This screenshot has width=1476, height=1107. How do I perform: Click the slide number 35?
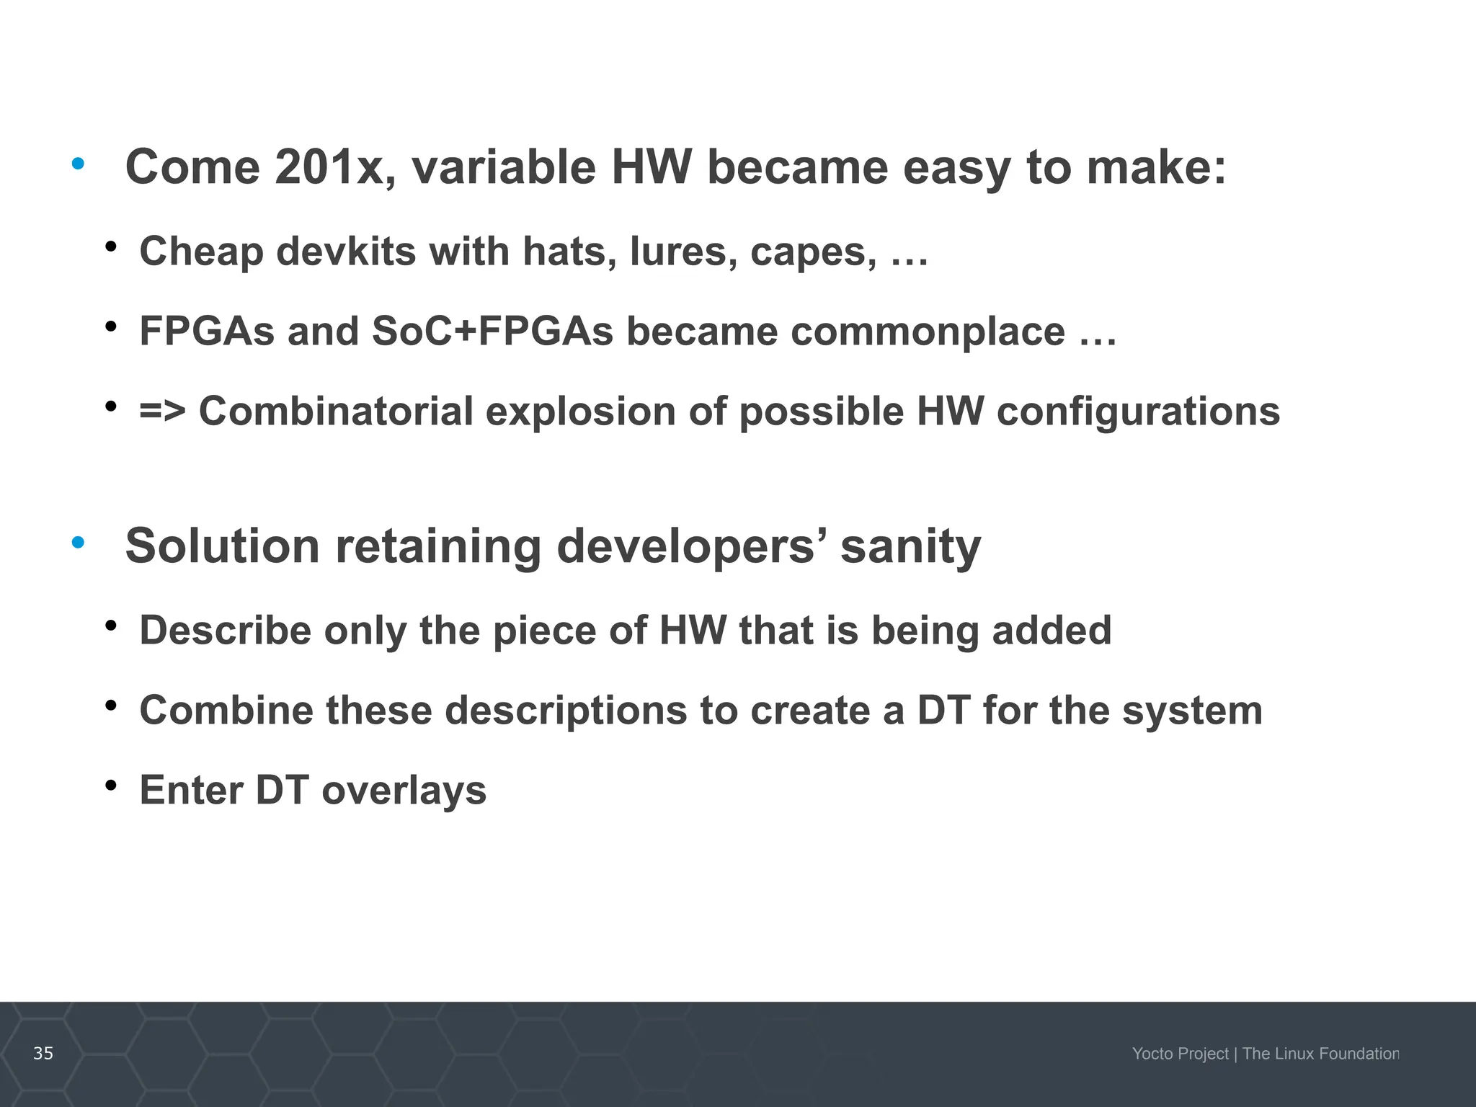43,1054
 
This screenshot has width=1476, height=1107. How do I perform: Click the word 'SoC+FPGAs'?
492,332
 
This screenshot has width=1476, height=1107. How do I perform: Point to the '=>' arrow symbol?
162,412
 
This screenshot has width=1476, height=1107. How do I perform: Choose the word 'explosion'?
580,412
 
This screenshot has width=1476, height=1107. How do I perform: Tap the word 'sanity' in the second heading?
910,546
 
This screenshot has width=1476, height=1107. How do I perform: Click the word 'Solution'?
222,546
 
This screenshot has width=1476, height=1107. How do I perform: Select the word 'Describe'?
225,631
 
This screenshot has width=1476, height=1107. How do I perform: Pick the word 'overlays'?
404,791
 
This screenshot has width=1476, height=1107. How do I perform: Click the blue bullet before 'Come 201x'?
78,164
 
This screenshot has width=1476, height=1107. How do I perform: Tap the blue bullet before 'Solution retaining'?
78,542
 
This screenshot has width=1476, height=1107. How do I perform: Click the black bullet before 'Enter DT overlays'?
110,785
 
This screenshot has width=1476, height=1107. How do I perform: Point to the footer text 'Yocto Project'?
1180,1054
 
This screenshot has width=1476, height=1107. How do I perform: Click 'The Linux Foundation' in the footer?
1320,1054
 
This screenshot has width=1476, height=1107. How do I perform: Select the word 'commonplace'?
928,332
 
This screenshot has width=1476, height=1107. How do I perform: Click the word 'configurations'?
1138,412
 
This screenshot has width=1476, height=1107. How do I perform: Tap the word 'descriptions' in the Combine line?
566,711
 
